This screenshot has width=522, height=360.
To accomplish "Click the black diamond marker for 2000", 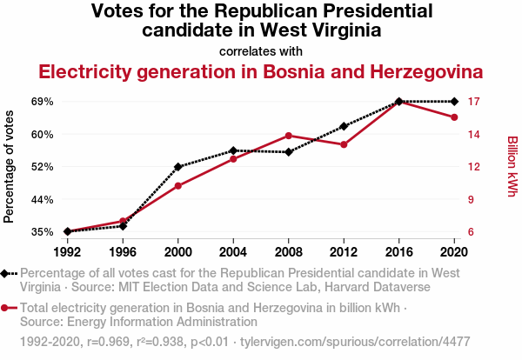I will click(x=178, y=166).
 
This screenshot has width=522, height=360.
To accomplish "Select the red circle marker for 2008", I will click(x=289, y=136).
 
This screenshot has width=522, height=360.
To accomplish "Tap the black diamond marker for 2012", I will click(x=344, y=127).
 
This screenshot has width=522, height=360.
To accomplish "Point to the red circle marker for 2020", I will click(x=454, y=117).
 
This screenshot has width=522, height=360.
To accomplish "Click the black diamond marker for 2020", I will click(x=454, y=102).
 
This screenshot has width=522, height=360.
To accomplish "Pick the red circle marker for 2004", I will click(x=233, y=158).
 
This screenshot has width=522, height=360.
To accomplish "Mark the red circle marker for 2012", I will click(x=344, y=144).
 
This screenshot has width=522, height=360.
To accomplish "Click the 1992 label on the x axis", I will click(x=68, y=251).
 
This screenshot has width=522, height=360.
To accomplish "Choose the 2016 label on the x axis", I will click(x=398, y=251).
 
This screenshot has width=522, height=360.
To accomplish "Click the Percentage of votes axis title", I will click(x=10, y=166).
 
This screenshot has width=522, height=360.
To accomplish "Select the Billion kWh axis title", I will click(x=512, y=166).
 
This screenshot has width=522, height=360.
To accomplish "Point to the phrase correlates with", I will click(x=261, y=50).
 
